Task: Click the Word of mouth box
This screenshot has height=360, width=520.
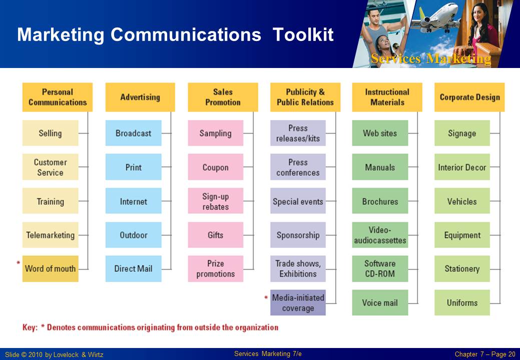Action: tap(51, 268)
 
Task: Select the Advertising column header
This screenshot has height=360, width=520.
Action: tap(140, 97)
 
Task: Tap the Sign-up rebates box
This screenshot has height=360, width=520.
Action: tap(216, 201)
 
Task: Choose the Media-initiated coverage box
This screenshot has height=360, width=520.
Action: tap(298, 302)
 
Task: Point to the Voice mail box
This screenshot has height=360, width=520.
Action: tap(380, 302)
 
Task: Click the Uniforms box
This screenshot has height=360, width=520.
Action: tap(462, 302)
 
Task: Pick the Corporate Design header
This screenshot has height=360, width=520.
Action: tap(469, 97)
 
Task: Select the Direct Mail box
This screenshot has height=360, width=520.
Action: tap(133, 268)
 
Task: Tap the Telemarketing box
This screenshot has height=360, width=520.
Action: tap(51, 235)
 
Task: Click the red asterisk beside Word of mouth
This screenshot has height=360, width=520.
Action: tap(18, 263)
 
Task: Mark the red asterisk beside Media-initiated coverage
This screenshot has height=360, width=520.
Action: tap(266, 297)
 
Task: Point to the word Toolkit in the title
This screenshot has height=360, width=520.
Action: tap(303, 34)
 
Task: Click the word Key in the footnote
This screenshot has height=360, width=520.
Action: tap(30, 327)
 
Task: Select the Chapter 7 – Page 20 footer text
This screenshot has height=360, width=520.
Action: tap(485, 354)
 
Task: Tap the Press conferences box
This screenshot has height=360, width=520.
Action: tap(298, 167)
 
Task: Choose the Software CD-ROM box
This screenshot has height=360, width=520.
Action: tap(380, 268)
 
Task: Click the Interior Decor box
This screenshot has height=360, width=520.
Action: tap(462, 167)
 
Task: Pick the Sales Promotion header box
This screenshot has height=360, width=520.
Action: tap(223, 97)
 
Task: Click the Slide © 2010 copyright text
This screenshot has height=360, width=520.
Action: tap(54, 354)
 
